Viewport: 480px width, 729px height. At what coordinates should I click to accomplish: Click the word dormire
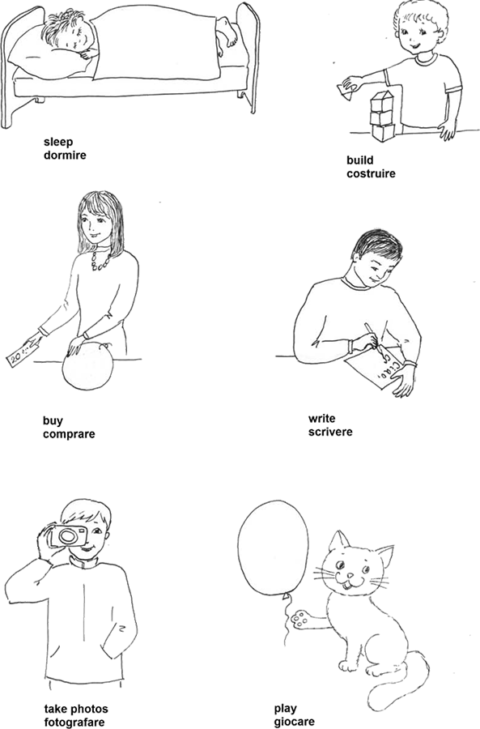tap(65, 155)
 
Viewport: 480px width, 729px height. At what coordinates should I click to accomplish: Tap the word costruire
tap(371, 173)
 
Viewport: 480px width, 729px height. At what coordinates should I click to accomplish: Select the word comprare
tap(69, 434)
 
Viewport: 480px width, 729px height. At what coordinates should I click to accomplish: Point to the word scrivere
tap(330, 432)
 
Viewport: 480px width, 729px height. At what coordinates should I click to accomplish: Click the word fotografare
tap(74, 722)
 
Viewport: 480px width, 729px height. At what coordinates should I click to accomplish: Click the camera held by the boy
tap(69, 536)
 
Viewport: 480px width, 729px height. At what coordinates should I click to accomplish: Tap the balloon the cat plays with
tap(274, 545)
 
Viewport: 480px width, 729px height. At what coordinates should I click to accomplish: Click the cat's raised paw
tap(301, 618)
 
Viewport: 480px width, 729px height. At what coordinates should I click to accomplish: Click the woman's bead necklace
tap(100, 259)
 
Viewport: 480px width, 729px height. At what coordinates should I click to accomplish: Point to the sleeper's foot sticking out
tap(227, 32)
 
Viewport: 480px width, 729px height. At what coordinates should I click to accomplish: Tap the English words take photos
tap(76, 710)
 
